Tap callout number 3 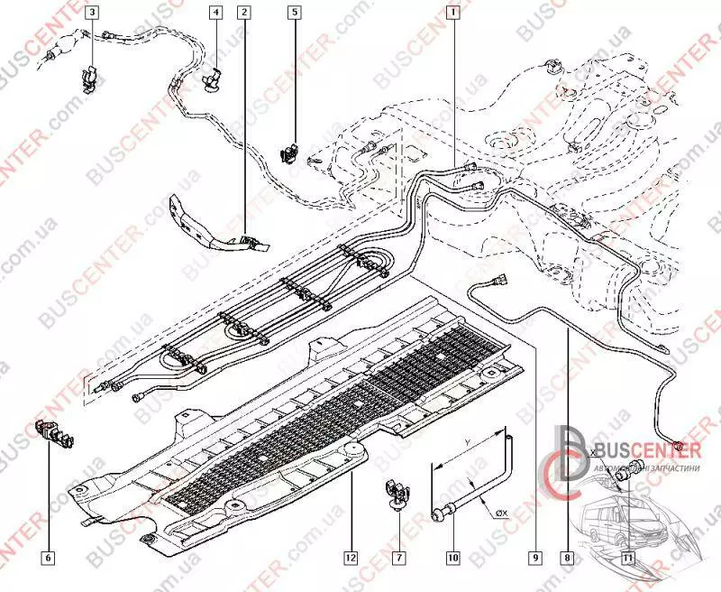click(x=92, y=12)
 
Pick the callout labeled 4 click(x=215, y=12)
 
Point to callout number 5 click(x=294, y=12)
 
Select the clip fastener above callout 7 click(x=395, y=492)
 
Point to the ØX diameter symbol click(x=500, y=513)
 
